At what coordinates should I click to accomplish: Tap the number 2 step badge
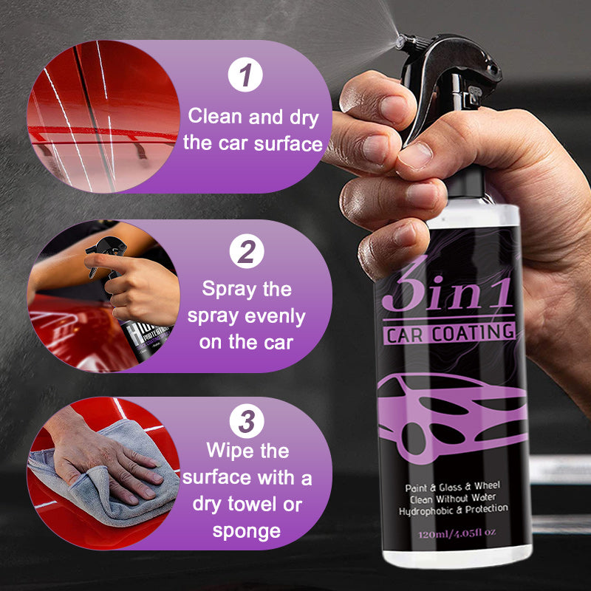(246, 253)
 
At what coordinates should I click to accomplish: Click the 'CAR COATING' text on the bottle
(449, 332)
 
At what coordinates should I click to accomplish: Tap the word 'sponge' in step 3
(247, 530)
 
